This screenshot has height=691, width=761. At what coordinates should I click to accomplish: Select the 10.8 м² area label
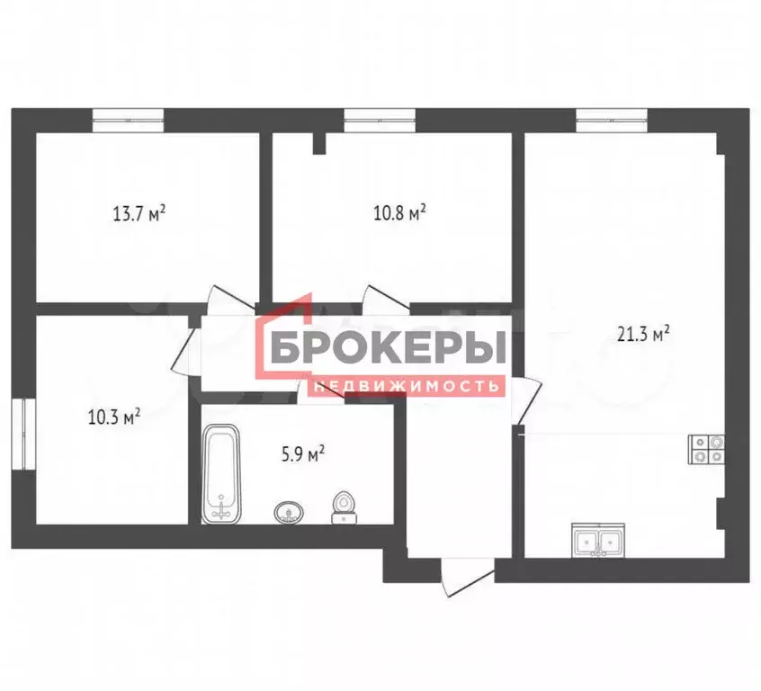click(x=398, y=214)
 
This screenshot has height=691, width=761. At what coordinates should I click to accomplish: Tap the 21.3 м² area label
click(x=643, y=335)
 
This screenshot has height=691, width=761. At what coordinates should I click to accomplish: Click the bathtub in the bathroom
click(x=221, y=476)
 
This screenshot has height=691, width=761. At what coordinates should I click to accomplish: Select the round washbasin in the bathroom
click(x=289, y=512)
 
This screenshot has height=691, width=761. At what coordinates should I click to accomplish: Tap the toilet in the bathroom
click(x=343, y=507)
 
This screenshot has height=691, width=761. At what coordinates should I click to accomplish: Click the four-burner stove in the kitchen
click(x=706, y=448)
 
